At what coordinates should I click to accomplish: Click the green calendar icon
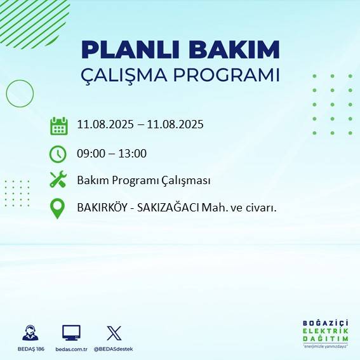point(58,125)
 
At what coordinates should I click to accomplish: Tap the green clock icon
point(58,154)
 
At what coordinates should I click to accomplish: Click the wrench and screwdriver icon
point(58,180)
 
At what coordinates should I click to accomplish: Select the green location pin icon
point(58,208)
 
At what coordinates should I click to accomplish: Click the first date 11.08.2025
point(104,124)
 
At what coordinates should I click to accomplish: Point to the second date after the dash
point(175,124)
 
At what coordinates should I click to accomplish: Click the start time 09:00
point(91,153)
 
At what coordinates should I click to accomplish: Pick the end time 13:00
point(133,153)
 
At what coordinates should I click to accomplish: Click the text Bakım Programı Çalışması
point(143,180)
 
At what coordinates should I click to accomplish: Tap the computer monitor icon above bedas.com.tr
point(70,332)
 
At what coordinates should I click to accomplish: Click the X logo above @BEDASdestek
point(114,332)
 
